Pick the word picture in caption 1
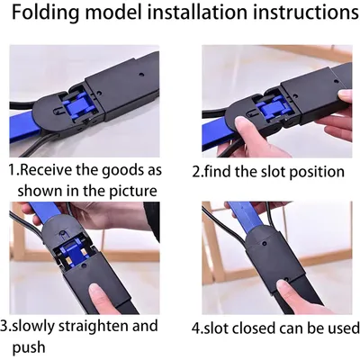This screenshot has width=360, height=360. (132, 192)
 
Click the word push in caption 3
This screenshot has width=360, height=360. (29, 348)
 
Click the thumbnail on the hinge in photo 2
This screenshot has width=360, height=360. (241, 123)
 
